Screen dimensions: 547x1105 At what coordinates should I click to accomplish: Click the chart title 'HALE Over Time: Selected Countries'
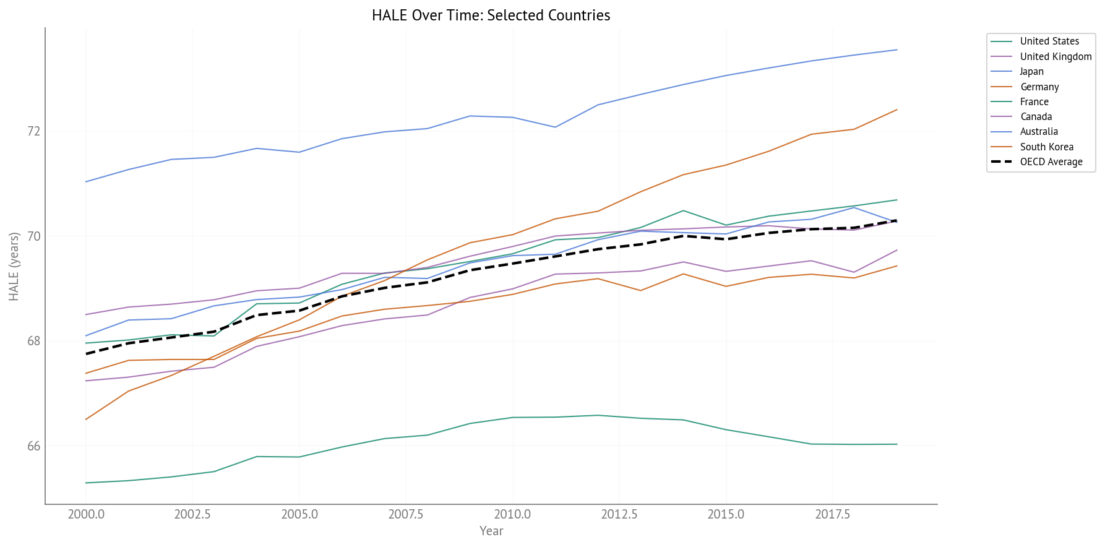[x=491, y=15]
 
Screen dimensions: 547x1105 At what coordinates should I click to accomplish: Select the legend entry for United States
[x=1049, y=41]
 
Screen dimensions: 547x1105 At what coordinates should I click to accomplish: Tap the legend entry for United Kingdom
[x=1056, y=56]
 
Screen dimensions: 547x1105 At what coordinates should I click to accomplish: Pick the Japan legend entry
[x=1031, y=71]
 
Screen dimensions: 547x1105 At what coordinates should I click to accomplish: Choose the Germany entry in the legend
[x=1039, y=87]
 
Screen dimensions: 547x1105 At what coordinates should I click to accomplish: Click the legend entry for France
[x=1034, y=101]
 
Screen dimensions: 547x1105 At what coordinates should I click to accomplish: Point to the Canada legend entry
[x=1036, y=116]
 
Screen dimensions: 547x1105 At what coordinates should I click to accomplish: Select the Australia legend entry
[x=1039, y=131]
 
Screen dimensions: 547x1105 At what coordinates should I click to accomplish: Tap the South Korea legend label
[x=1046, y=147]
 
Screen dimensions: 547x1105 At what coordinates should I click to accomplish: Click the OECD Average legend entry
[x=1051, y=162]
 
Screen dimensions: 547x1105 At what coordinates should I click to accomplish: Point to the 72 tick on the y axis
[x=33, y=131]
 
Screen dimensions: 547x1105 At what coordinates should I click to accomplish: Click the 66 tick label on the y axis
[x=33, y=446]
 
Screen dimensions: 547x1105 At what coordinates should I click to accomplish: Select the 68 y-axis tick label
[x=33, y=341]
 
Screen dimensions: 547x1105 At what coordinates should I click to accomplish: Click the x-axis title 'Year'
[x=491, y=531]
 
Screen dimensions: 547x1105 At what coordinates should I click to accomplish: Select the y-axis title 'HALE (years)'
[x=14, y=267]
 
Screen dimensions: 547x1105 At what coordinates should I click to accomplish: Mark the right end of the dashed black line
[x=896, y=220]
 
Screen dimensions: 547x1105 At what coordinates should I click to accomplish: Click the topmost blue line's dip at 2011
[x=555, y=127]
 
